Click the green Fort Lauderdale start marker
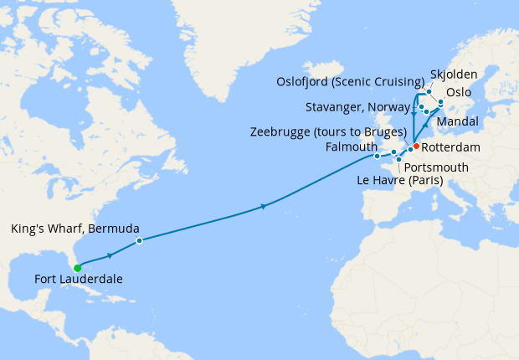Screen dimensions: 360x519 [77, 268]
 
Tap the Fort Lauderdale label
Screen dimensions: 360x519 [79, 280]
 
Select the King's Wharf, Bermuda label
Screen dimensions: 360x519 [75, 229]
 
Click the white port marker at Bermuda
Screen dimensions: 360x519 [139, 241]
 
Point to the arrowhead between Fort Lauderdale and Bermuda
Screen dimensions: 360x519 [110, 255]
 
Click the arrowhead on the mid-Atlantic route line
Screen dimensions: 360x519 [264, 205]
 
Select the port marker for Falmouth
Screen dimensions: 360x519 [377, 156]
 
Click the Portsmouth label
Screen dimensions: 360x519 [436, 167]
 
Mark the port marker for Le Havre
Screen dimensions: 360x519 [398, 160]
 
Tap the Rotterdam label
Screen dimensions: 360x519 [451, 147]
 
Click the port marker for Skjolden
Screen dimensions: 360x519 [429, 91]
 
